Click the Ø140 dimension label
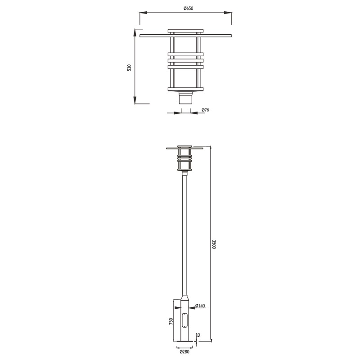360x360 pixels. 201,306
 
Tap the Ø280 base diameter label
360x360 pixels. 184,352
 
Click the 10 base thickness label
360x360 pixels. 199,336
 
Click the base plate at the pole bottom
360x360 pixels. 185,344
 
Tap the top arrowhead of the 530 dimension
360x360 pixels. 135,32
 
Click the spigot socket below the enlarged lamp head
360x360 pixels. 185,98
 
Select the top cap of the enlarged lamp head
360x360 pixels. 185,31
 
